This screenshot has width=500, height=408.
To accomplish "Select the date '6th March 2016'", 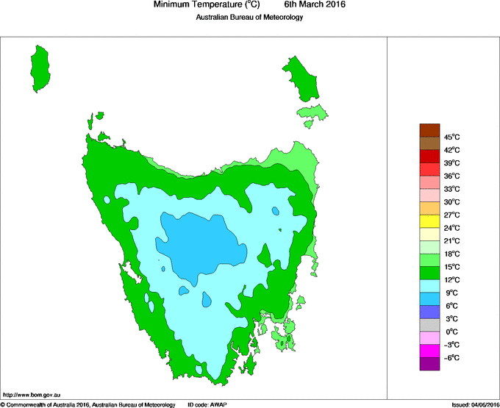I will click(x=315, y=5).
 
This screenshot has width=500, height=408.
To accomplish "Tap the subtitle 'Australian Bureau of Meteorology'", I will click(x=249, y=17).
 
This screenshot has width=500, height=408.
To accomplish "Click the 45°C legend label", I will click(x=451, y=137).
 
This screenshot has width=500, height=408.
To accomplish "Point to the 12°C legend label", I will click(x=451, y=279).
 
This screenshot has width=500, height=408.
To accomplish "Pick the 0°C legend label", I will click(x=452, y=332).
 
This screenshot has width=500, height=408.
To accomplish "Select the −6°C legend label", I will click(x=451, y=357).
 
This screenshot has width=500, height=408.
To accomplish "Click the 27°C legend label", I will click(x=451, y=215).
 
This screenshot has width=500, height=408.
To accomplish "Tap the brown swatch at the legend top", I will click(x=429, y=131).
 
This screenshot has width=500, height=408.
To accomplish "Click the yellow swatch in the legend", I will click(x=429, y=221).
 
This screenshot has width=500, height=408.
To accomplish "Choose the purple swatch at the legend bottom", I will click(x=429, y=363).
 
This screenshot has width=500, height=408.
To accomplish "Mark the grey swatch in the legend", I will click(x=429, y=325).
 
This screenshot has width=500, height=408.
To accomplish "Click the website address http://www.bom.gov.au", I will click(x=32, y=396).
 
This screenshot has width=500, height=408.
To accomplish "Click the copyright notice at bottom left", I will click(x=88, y=404).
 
